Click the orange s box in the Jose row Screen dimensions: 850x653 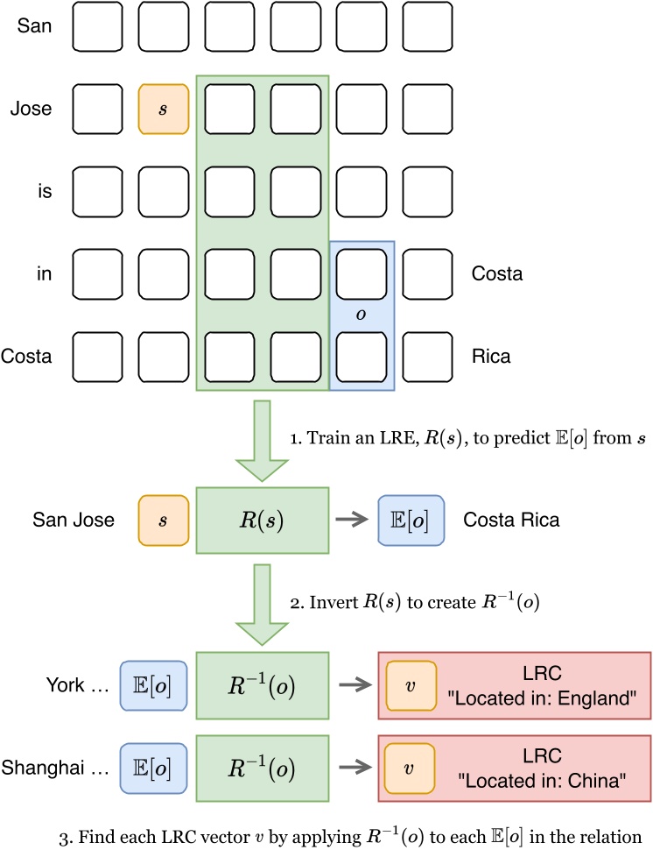[164, 110]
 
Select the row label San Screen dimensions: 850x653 [34, 26]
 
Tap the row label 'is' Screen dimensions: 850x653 [43, 192]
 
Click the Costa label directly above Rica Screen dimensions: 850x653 [496, 274]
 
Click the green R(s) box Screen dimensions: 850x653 [262, 521]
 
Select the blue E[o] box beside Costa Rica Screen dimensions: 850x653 [411, 521]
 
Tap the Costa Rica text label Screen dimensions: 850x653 [510, 521]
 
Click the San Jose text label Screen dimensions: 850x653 [74, 521]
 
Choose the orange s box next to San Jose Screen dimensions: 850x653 [164, 521]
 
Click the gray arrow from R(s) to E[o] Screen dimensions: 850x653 [353, 521]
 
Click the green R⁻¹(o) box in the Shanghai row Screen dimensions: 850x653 [262, 769]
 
